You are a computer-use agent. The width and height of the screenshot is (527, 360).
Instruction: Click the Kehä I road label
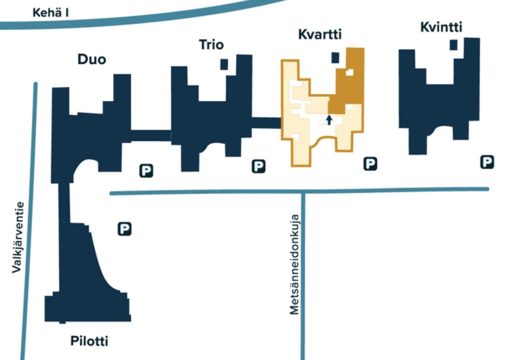tap(51, 13)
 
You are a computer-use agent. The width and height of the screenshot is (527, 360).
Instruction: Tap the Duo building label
tap(92, 59)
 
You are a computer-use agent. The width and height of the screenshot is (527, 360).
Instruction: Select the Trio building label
tap(211, 44)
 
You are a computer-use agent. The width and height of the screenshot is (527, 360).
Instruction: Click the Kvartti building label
tap(320, 35)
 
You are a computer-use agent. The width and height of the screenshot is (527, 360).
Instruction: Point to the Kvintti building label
tap(441, 27)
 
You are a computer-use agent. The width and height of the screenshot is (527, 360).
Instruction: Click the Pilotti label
tap(89, 341)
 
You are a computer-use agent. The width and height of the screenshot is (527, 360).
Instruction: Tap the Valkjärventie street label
tap(17, 237)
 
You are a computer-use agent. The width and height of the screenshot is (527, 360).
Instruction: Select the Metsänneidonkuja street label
tap(295, 265)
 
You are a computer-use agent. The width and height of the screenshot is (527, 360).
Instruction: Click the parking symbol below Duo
tap(146, 171)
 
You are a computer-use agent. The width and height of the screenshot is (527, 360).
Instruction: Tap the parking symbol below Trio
tap(258, 166)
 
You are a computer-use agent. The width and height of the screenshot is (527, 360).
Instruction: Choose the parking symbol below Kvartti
tap(370, 164)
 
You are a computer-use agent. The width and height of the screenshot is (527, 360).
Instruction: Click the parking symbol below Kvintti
tap(487, 162)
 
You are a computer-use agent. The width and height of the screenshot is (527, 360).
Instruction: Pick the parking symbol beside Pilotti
tap(124, 229)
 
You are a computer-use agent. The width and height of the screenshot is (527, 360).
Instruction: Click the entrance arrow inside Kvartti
tap(329, 120)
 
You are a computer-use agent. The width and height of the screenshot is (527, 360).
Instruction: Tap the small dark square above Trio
tap(224, 64)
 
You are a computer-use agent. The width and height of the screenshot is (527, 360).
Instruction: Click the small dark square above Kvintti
tap(453, 45)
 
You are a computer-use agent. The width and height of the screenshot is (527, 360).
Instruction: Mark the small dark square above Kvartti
tap(335, 57)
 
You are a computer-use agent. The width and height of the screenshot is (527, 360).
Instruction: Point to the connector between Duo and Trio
tap(151, 136)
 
